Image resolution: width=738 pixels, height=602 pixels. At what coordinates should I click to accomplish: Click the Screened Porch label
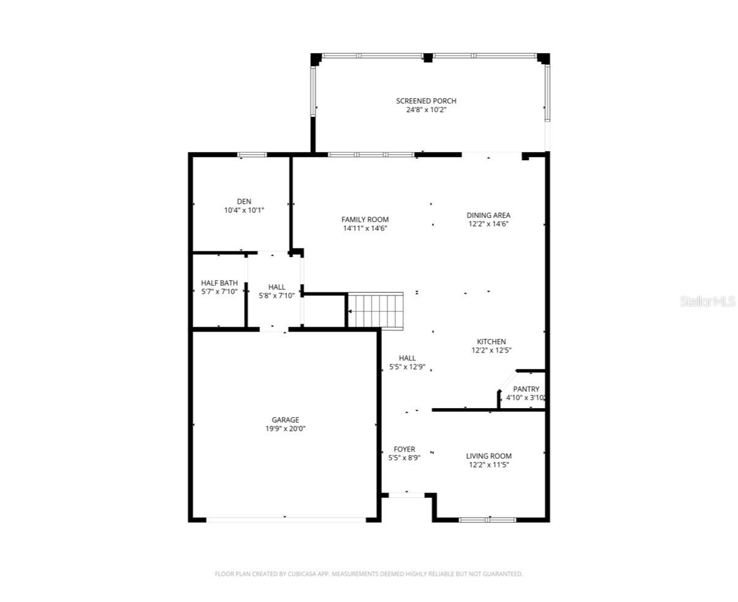426,101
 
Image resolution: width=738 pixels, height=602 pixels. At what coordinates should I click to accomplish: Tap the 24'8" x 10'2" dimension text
426,110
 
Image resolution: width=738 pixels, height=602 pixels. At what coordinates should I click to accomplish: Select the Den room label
244,201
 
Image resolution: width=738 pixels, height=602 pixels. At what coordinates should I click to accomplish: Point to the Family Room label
365,220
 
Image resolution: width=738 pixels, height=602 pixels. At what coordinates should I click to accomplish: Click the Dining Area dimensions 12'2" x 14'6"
488,224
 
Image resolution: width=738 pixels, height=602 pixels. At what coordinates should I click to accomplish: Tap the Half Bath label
220,283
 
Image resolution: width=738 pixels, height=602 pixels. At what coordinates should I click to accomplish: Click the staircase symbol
376,311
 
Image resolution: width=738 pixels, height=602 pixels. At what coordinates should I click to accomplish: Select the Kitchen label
491,342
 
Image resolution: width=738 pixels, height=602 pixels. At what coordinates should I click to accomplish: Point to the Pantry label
526,389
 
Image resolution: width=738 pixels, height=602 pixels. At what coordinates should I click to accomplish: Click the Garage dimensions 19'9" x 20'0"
285,429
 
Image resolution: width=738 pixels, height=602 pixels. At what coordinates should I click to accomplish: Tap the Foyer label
404,449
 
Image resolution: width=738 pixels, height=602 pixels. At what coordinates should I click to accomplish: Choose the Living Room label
488,456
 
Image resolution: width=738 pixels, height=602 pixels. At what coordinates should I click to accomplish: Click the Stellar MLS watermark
707,301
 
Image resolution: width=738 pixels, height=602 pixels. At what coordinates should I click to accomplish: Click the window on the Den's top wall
252,155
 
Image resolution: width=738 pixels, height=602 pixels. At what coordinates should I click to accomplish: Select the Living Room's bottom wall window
488,520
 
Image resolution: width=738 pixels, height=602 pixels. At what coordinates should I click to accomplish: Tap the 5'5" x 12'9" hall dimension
408,367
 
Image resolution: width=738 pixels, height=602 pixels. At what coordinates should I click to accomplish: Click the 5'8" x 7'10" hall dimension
277,296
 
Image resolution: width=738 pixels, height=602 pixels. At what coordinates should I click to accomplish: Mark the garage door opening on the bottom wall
286,520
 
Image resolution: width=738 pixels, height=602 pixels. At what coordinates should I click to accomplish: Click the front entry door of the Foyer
406,496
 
